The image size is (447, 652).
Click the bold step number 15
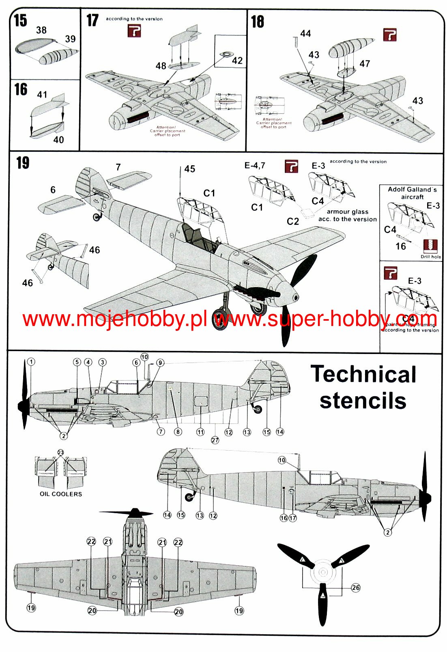pos(20,20)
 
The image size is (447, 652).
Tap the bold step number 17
pos(92,20)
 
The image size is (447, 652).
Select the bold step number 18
pos(257,22)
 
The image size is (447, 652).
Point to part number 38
pos(41,30)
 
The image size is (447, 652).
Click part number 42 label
pos(237,61)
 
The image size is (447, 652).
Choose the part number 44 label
pos(305,34)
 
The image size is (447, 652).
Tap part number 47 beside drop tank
pos(365,64)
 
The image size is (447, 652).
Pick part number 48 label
pos(161,66)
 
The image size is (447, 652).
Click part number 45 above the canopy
pos(190,169)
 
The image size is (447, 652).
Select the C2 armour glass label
pos(293,221)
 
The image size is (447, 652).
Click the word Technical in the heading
pos(363,374)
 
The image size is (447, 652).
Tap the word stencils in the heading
pos(363,401)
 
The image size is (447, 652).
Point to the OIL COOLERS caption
pos(61,494)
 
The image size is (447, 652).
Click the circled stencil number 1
pos(31,362)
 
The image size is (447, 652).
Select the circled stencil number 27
pos(215,440)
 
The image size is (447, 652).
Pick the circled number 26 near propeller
pos(356,587)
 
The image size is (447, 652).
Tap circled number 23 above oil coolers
pos(60,452)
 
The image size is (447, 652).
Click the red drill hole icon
pos(430,246)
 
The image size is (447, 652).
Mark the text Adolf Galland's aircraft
pos(412,193)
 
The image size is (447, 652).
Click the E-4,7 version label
pos(255,165)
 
